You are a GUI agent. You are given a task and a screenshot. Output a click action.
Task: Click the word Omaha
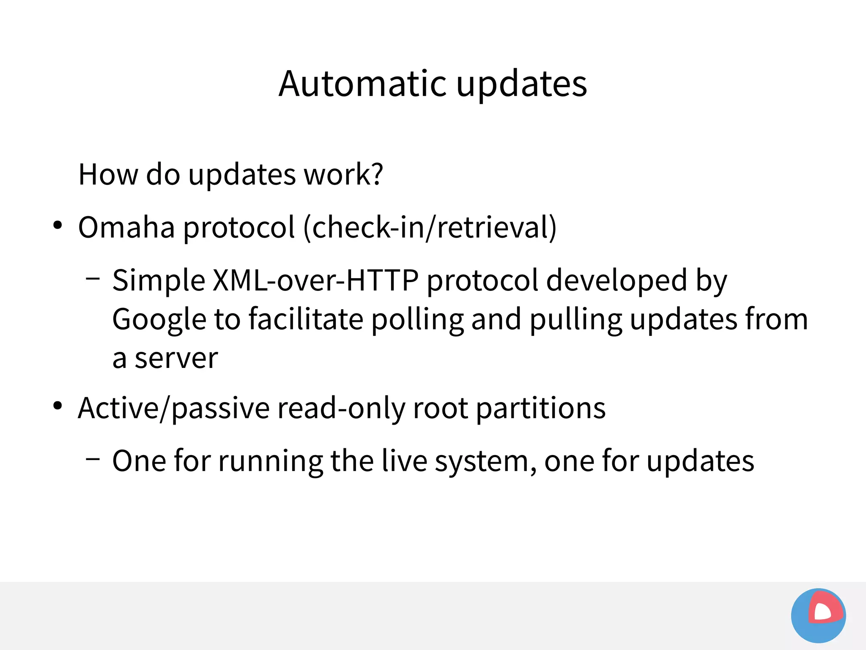(126, 228)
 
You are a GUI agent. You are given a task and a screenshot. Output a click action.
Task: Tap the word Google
(159, 320)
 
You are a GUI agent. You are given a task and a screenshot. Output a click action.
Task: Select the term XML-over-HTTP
(315, 280)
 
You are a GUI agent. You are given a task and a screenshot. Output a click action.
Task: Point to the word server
(176, 359)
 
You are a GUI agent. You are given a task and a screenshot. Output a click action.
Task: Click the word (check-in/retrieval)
(430, 228)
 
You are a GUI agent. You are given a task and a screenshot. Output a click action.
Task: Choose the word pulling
(576, 320)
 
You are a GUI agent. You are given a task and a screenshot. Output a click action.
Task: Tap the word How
(108, 174)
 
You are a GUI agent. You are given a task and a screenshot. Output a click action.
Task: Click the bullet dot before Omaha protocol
(58, 225)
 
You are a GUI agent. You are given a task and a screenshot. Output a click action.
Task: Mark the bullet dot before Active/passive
(58, 406)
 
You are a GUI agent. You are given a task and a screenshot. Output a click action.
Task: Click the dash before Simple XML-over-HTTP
(93, 279)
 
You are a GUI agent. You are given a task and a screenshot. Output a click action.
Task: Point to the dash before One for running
(93, 458)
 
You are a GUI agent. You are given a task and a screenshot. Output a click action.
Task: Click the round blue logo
(818, 615)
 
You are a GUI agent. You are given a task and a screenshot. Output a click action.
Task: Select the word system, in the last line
(486, 461)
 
